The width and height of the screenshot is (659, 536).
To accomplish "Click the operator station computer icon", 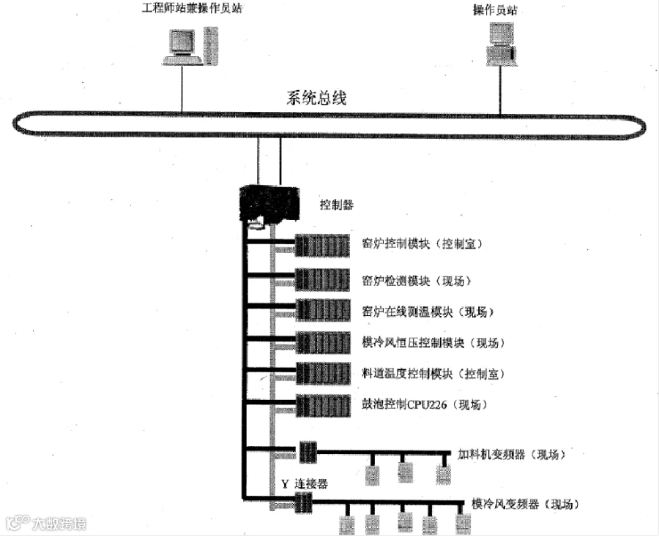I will pos(502,43).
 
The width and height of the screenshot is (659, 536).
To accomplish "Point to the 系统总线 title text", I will pos(316,99).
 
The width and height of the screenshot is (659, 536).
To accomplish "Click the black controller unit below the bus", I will pos(272,203).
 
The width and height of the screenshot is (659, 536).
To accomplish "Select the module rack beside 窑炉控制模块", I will pos(321,245).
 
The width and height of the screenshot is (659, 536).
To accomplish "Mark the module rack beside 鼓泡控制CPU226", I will pos(321,404).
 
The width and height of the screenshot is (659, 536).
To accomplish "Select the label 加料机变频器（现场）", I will pos(512,454).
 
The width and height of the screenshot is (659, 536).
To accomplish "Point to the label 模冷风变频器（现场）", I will pos(526,504).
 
